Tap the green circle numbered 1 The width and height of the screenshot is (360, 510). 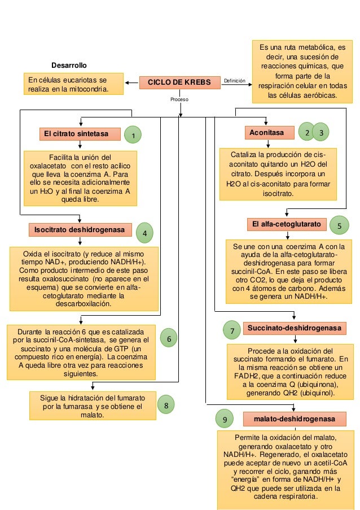coord(133,136)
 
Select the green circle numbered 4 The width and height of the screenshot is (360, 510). coord(146,232)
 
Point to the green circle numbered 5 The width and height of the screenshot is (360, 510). coord(339,225)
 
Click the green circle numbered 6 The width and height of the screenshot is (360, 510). coord(169,338)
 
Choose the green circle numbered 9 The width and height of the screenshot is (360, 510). coord(225,420)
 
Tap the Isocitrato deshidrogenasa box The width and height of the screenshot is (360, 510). coord(81,230)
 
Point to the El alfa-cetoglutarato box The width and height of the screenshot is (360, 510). coord(287,225)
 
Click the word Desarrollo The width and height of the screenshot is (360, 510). coord(69,66)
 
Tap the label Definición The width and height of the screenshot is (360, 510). coord(235,81)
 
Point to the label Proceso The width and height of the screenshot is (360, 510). coord(179,99)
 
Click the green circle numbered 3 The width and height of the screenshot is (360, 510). coord(321,132)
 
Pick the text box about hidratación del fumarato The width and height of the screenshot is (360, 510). coord(93,407)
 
